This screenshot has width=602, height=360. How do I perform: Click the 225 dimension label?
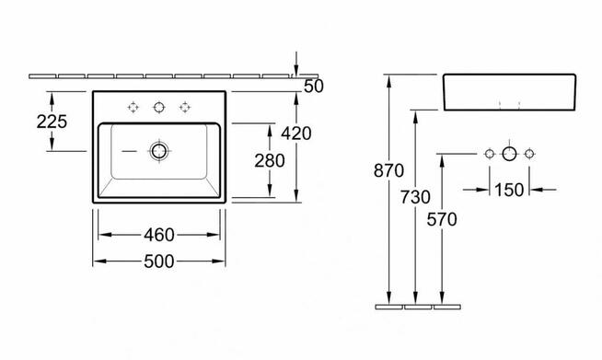[52, 122]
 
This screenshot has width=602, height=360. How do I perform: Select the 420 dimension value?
[296, 134]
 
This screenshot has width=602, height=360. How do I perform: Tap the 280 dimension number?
[270, 160]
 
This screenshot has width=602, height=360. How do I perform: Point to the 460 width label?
[159, 235]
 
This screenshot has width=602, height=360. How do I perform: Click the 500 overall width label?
[159, 261]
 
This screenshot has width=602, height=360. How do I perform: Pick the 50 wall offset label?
[314, 87]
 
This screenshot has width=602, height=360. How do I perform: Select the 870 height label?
[388, 170]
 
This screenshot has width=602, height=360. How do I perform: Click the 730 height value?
[415, 197]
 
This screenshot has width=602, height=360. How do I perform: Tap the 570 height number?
[442, 219]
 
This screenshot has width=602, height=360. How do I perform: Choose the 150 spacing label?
[509, 190]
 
